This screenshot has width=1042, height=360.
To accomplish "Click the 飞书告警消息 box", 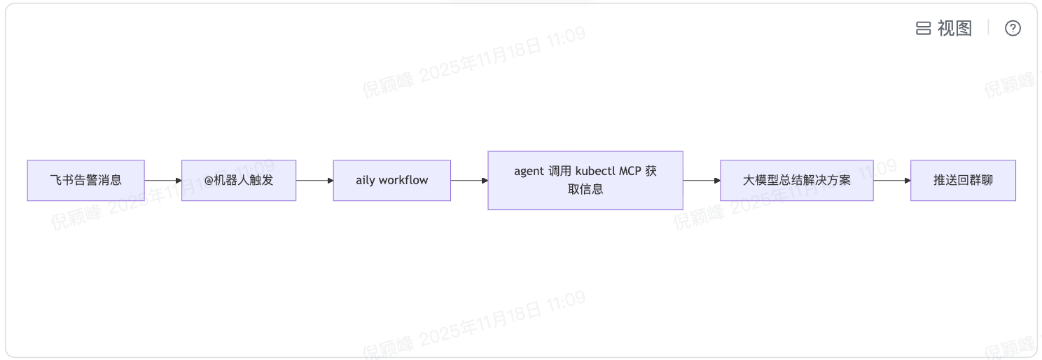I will [x=85, y=181].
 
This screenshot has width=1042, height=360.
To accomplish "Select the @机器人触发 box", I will [x=239, y=181].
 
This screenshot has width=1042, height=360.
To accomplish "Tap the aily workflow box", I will [x=391, y=181].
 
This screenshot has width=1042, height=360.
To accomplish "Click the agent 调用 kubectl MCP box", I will [x=585, y=181].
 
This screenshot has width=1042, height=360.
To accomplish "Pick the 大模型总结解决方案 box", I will [x=796, y=181].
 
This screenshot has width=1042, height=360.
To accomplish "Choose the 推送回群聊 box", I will [x=963, y=181].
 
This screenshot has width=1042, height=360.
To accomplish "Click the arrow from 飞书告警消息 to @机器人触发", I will [x=163, y=181].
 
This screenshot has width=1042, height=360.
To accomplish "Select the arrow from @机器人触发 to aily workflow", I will [x=315, y=181].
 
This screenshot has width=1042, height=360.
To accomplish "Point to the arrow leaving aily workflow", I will [x=469, y=181].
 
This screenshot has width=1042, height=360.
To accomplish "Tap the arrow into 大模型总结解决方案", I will [x=702, y=181].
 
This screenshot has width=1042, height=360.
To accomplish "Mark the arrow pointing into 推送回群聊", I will [x=892, y=181].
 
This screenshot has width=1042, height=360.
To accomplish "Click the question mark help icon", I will [x=1013, y=28].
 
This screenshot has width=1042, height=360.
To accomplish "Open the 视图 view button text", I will [x=955, y=28].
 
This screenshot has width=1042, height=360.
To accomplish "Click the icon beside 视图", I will [x=924, y=28].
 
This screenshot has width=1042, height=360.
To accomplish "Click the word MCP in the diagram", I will [x=631, y=172].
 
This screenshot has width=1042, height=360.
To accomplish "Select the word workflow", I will [x=403, y=181].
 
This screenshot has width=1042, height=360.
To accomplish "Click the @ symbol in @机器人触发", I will [x=208, y=181].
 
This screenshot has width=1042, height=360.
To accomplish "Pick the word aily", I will [x=366, y=181].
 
